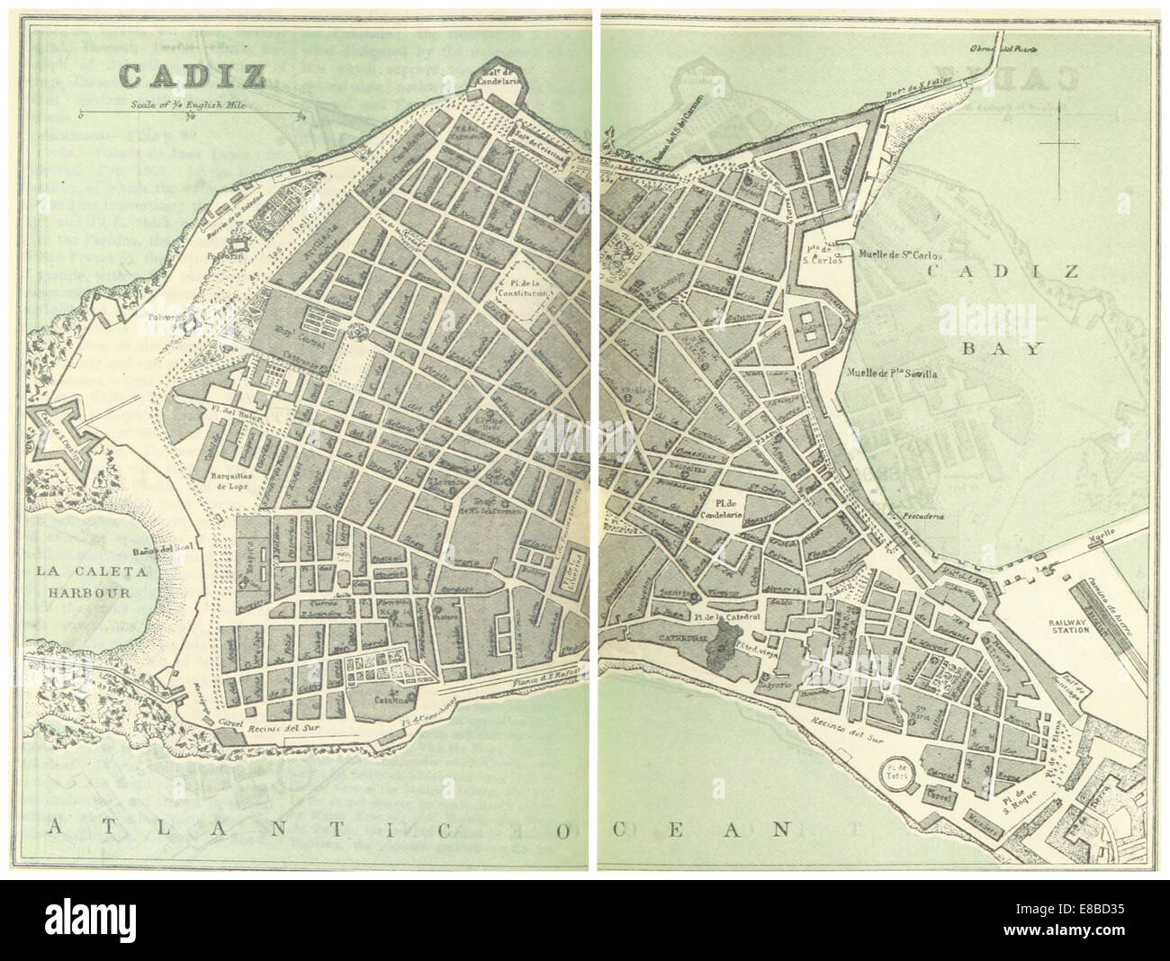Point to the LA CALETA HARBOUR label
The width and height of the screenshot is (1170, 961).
(x=77, y=581)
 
